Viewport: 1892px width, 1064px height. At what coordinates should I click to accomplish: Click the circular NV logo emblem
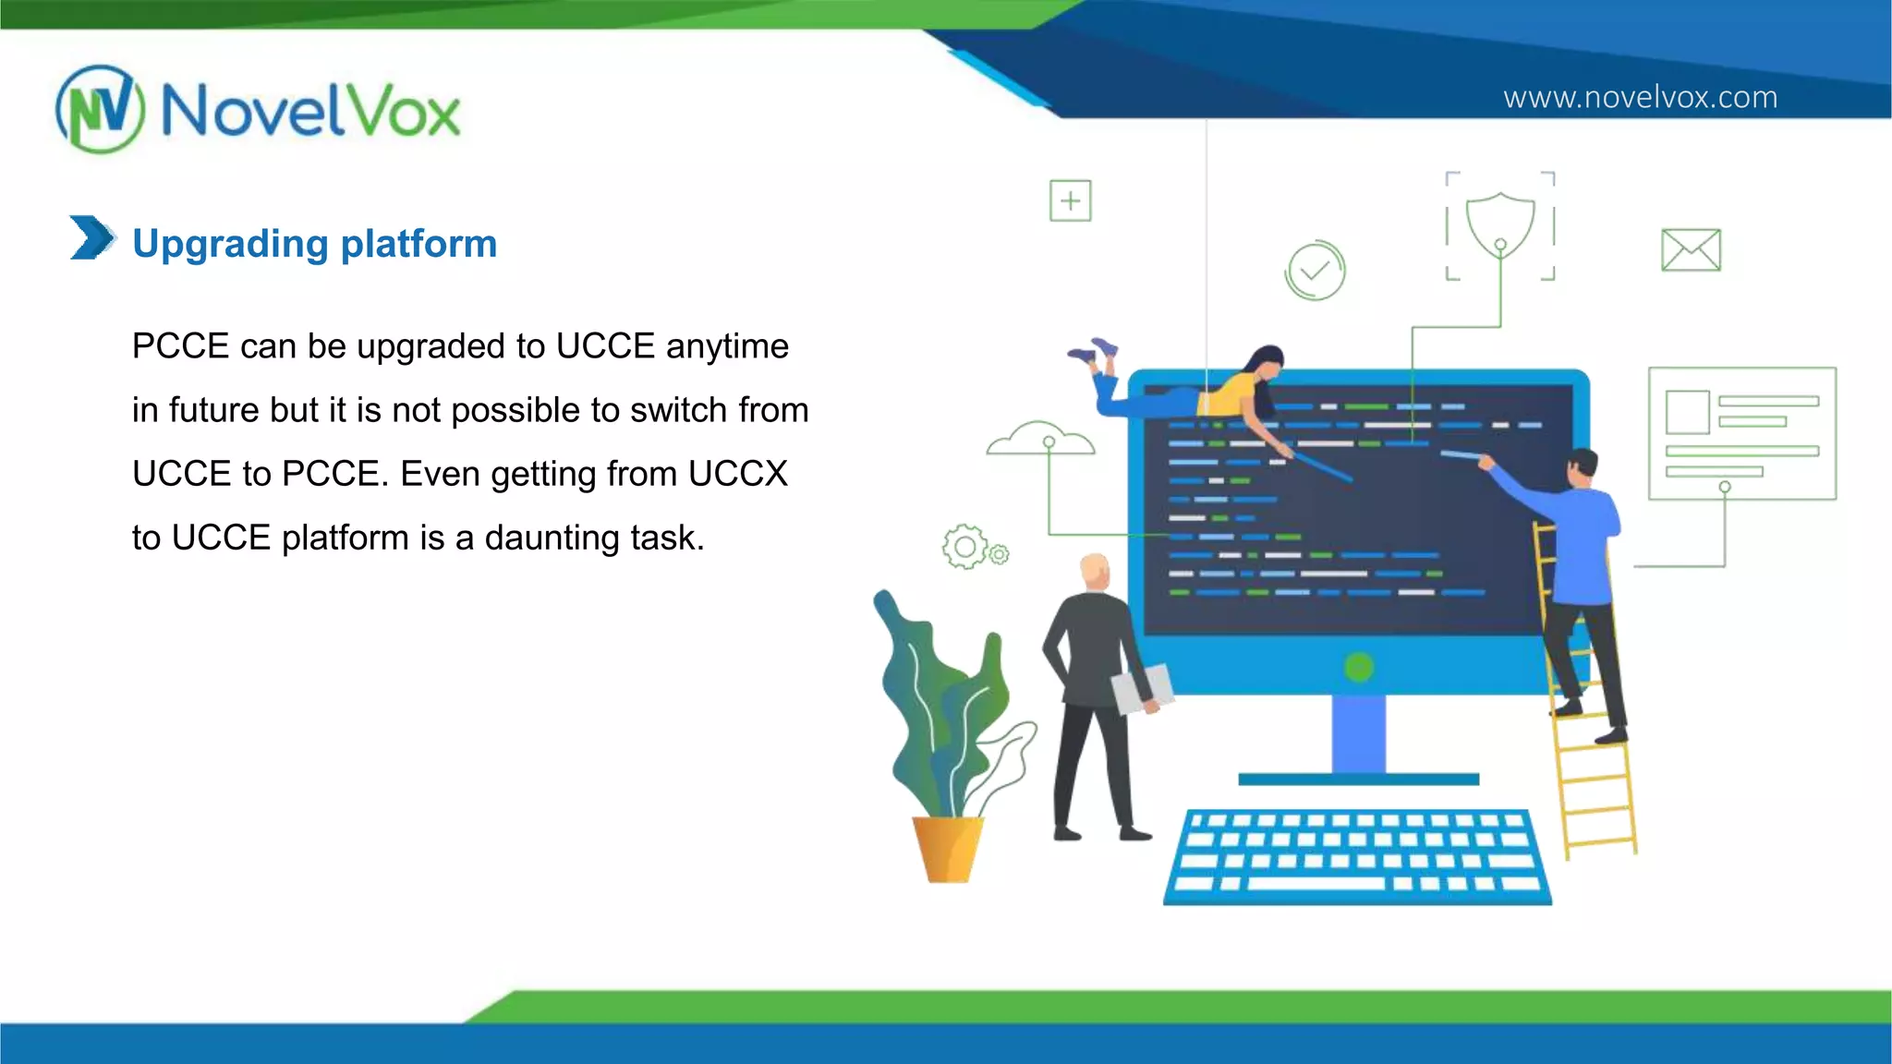tap(100, 109)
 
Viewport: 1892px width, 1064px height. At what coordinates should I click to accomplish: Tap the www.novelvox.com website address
tap(1640, 97)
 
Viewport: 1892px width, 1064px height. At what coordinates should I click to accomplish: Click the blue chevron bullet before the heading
tap(92, 237)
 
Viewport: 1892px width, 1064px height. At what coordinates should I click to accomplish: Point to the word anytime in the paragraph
tap(727, 346)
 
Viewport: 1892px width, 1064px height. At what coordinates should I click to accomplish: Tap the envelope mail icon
tap(1691, 249)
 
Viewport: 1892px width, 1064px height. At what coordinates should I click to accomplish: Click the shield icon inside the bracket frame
tap(1500, 224)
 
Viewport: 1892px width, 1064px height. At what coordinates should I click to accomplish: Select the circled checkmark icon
tap(1315, 271)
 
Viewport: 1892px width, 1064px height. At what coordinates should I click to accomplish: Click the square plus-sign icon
tap(1070, 200)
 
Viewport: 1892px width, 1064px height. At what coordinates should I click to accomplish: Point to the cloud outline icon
tap(1041, 440)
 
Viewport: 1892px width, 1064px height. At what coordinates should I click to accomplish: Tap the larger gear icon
tap(964, 547)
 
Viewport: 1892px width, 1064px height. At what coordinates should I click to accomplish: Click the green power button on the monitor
tap(1359, 667)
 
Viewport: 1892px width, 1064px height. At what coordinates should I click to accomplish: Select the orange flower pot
tap(947, 848)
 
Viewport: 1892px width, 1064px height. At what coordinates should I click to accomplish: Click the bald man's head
tap(1095, 571)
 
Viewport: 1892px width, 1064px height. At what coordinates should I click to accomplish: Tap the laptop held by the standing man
tap(1142, 688)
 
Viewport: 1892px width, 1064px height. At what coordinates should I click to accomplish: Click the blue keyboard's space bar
tap(1316, 883)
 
